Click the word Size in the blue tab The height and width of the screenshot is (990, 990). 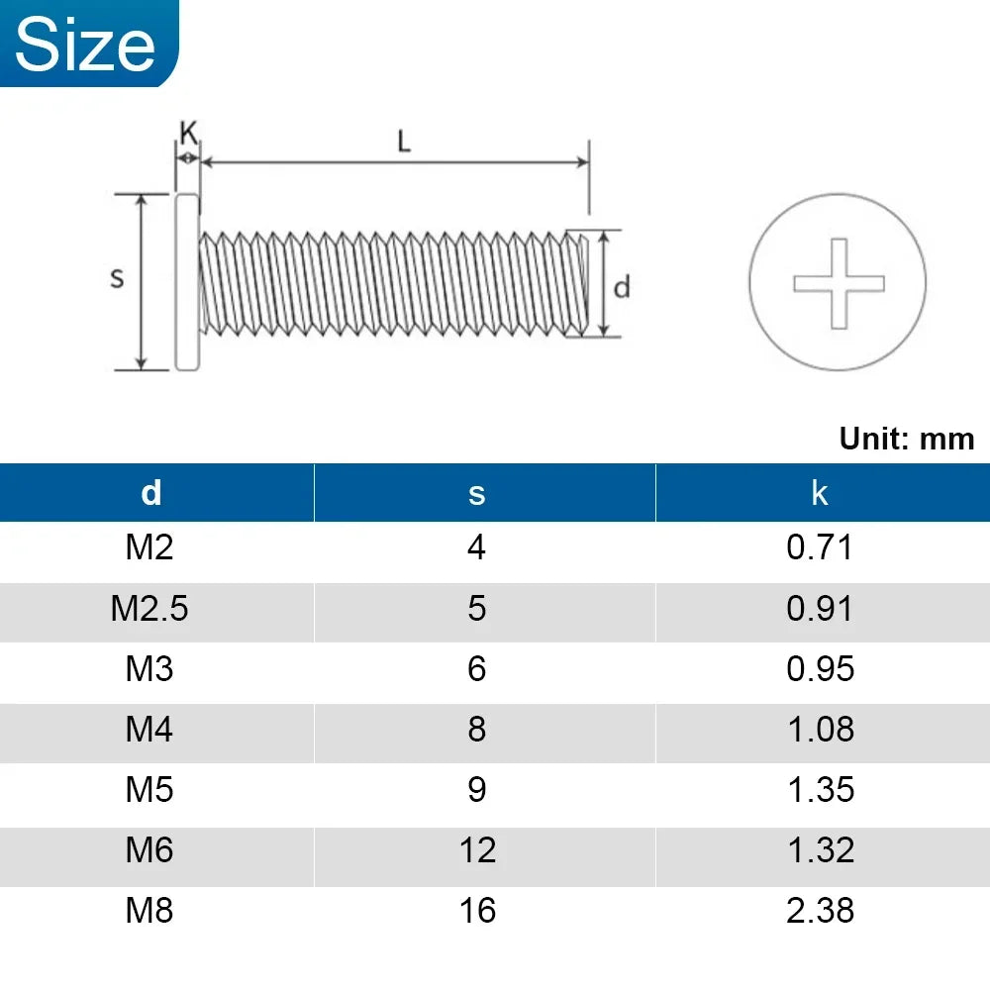[86, 46]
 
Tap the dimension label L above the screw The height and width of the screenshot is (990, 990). [403, 142]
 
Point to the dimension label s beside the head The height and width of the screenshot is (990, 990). [117, 278]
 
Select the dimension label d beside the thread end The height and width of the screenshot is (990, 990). [622, 287]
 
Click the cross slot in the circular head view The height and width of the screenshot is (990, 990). [838, 283]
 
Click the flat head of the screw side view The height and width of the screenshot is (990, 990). [187, 282]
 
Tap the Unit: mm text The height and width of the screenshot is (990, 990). [906, 439]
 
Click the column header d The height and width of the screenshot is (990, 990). [150, 492]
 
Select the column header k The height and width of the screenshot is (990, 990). [819, 492]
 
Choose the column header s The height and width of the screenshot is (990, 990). [477, 492]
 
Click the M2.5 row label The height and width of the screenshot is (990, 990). [149, 608]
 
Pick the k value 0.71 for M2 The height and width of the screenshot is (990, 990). [820, 547]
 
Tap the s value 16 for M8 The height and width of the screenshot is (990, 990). [477, 911]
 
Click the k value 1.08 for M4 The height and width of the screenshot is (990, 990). [820, 730]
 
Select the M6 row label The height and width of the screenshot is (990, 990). [149, 850]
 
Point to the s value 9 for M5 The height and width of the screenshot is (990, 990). [477, 790]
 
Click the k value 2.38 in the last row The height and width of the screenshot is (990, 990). [820, 911]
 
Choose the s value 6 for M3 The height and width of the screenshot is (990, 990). [477, 669]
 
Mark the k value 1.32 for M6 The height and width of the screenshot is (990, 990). [820, 850]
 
